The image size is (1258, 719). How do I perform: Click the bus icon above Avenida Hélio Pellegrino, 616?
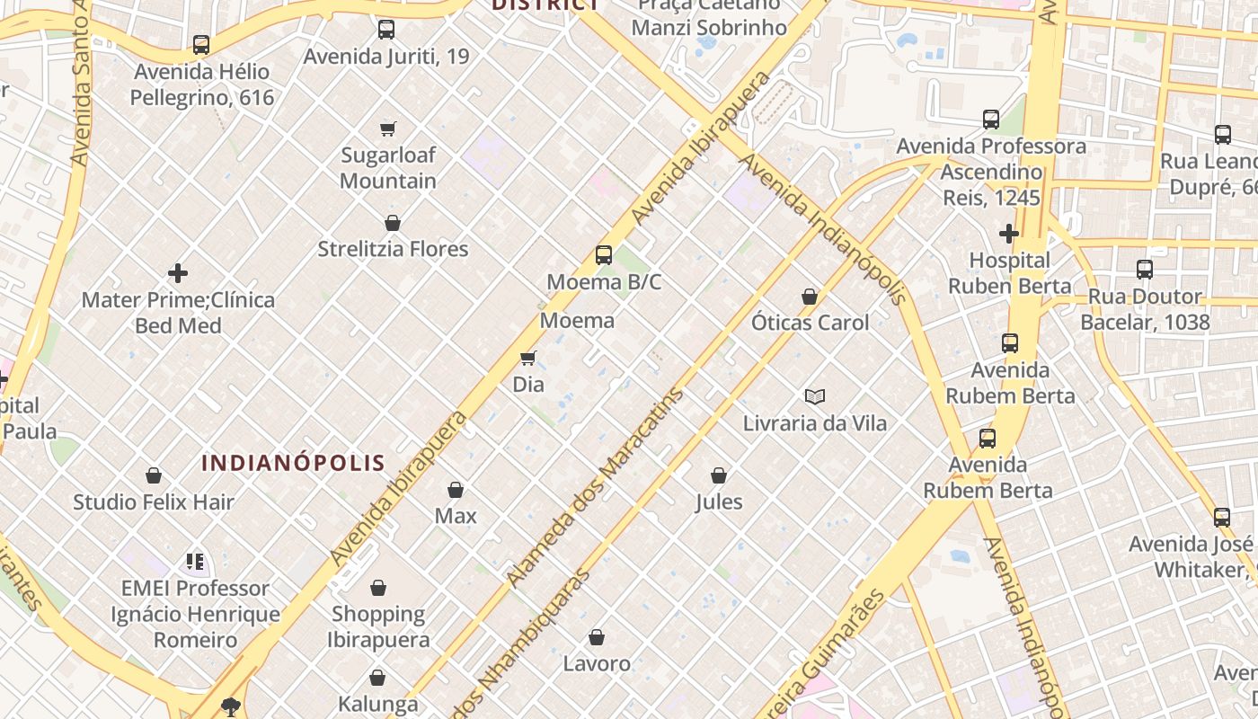tap(201, 44)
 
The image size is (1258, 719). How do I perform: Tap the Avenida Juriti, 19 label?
tap(386, 56)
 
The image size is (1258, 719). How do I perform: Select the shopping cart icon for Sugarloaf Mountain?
tap(387, 129)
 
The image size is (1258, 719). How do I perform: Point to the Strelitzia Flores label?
tap(393, 249)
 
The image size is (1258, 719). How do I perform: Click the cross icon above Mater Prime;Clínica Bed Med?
tap(178, 272)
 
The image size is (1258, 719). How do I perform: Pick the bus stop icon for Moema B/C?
tap(604, 255)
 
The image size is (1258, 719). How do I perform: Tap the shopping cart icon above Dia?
tap(528, 359)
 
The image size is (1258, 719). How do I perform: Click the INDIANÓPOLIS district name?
tap(293, 464)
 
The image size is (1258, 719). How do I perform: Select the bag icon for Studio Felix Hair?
tap(154, 475)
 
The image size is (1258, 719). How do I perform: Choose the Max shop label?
tap(456, 516)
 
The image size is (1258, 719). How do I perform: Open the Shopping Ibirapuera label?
tap(378, 626)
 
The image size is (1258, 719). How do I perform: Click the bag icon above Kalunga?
tap(377, 678)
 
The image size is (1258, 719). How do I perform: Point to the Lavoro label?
tap(597, 664)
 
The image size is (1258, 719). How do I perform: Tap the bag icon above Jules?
tap(719, 475)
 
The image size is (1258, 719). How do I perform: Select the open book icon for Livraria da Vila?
tap(815, 396)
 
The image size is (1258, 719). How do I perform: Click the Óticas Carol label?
tap(810, 323)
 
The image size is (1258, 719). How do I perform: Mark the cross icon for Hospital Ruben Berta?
tap(1009, 234)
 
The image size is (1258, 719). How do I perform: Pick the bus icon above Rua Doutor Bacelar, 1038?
tap(1145, 270)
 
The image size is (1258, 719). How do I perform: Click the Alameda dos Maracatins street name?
tap(595, 488)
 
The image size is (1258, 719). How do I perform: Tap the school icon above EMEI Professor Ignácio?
tap(195, 562)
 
